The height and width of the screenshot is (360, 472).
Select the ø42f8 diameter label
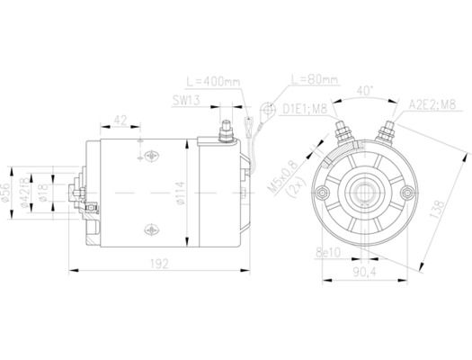(30, 193)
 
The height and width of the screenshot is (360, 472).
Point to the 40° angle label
(364, 91)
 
